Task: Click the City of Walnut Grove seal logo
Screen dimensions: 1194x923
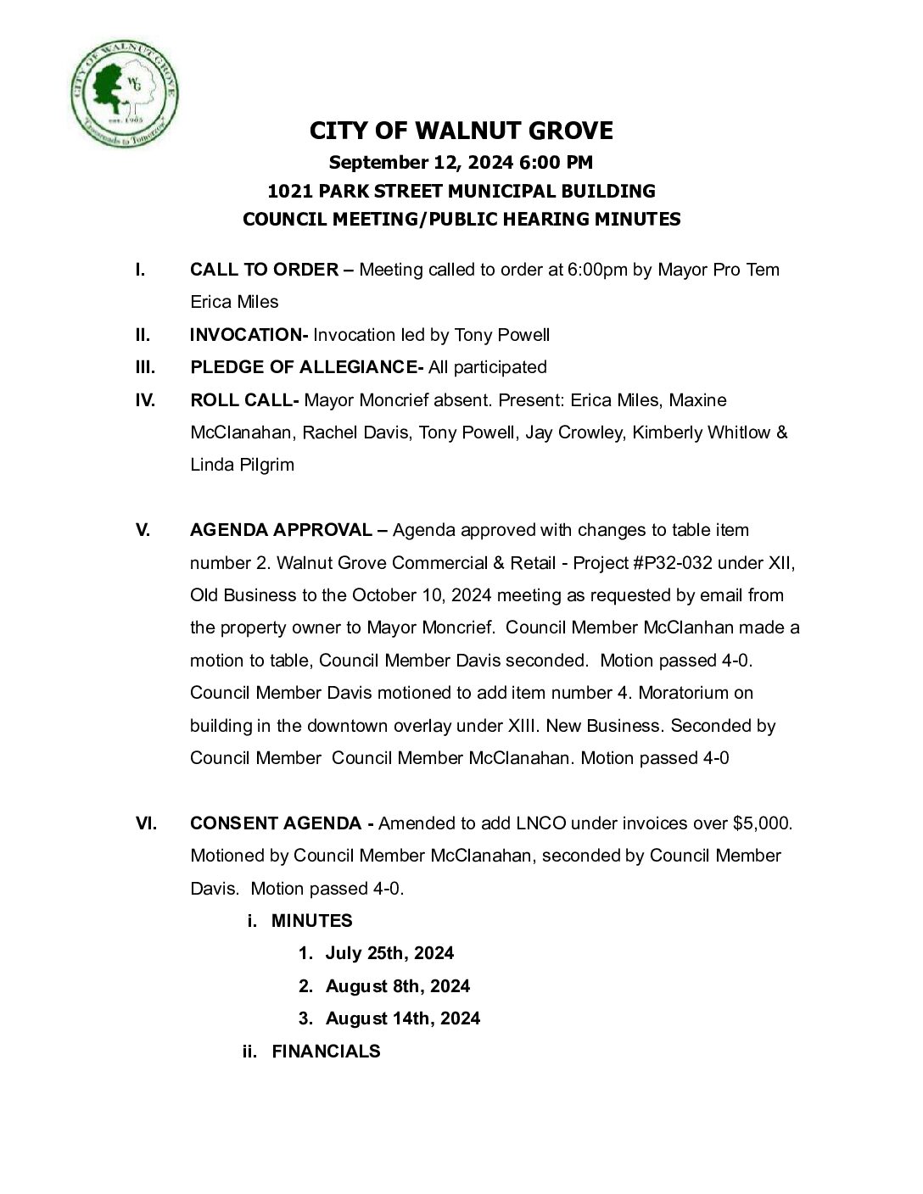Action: [x=125, y=92]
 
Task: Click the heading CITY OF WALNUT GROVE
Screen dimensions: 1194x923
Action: [x=461, y=131]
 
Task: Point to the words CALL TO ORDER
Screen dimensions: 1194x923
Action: [x=264, y=270]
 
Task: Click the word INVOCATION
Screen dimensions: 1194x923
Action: [x=245, y=335]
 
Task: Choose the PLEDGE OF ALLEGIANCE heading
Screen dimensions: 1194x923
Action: [x=303, y=367]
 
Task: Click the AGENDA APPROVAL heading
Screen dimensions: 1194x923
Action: [x=281, y=530]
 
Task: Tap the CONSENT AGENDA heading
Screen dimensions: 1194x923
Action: [x=276, y=823]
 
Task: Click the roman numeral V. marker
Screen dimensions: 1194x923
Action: [x=143, y=530]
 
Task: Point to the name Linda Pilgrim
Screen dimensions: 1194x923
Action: [x=242, y=465]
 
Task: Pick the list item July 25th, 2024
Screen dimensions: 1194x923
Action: [x=389, y=953]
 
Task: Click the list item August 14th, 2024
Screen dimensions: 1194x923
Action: [x=403, y=1018]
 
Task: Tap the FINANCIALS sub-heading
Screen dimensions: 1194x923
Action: [x=326, y=1052]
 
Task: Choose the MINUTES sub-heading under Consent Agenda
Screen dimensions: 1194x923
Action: [x=311, y=921]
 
